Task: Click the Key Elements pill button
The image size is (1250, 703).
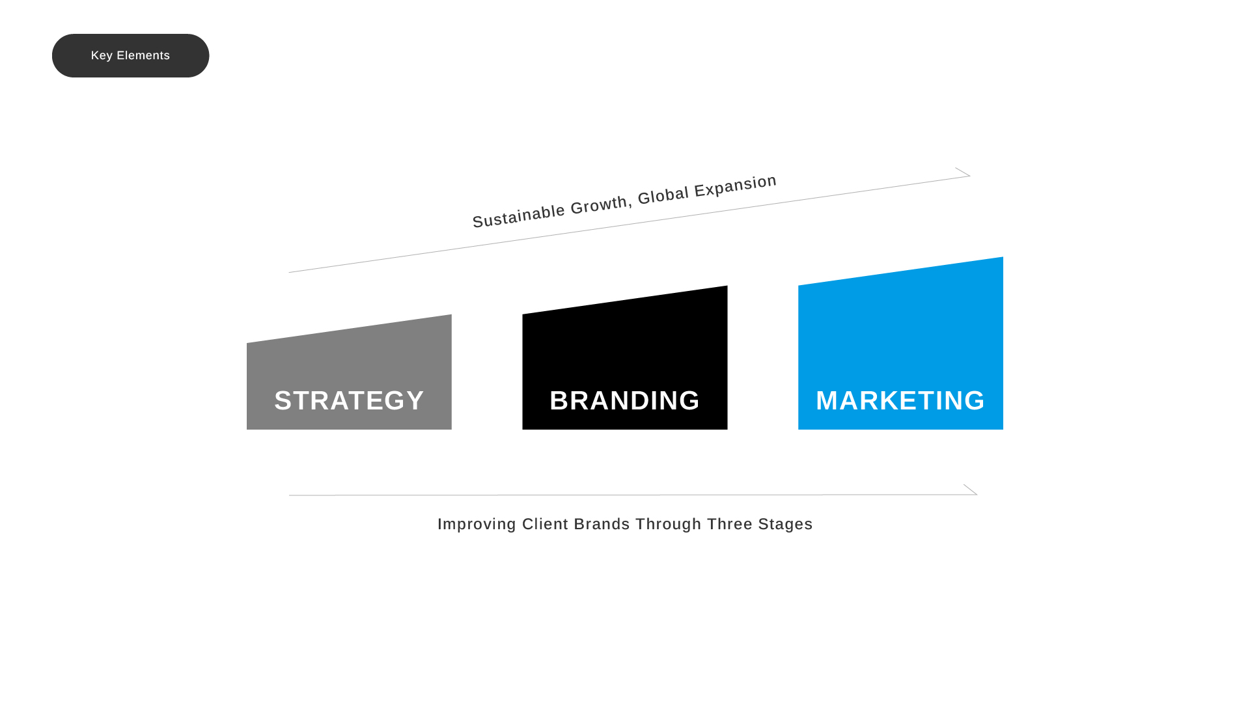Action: point(130,55)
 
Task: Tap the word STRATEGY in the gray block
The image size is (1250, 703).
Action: point(349,400)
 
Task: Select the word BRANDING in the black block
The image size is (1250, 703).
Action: point(624,400)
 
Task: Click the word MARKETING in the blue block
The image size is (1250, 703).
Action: point(900,400)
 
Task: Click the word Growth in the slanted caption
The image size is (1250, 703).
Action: point(600,204)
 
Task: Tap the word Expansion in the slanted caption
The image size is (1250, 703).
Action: point(735,184)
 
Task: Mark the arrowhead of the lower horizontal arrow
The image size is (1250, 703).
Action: point(972,491)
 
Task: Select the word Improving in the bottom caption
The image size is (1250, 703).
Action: point(477,524)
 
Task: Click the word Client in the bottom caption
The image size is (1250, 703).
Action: point(545,524)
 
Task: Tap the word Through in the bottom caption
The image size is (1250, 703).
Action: point(668,524)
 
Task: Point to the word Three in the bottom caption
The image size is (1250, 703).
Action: point(729,524)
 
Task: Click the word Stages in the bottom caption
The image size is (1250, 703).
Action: point(785,524)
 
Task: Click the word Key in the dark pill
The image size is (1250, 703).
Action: point(102,56)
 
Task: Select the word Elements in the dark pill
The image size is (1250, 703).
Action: point(143,56)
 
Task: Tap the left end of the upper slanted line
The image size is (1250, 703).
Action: point(290,272)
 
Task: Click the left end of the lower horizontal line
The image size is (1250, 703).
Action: point(291,495)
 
